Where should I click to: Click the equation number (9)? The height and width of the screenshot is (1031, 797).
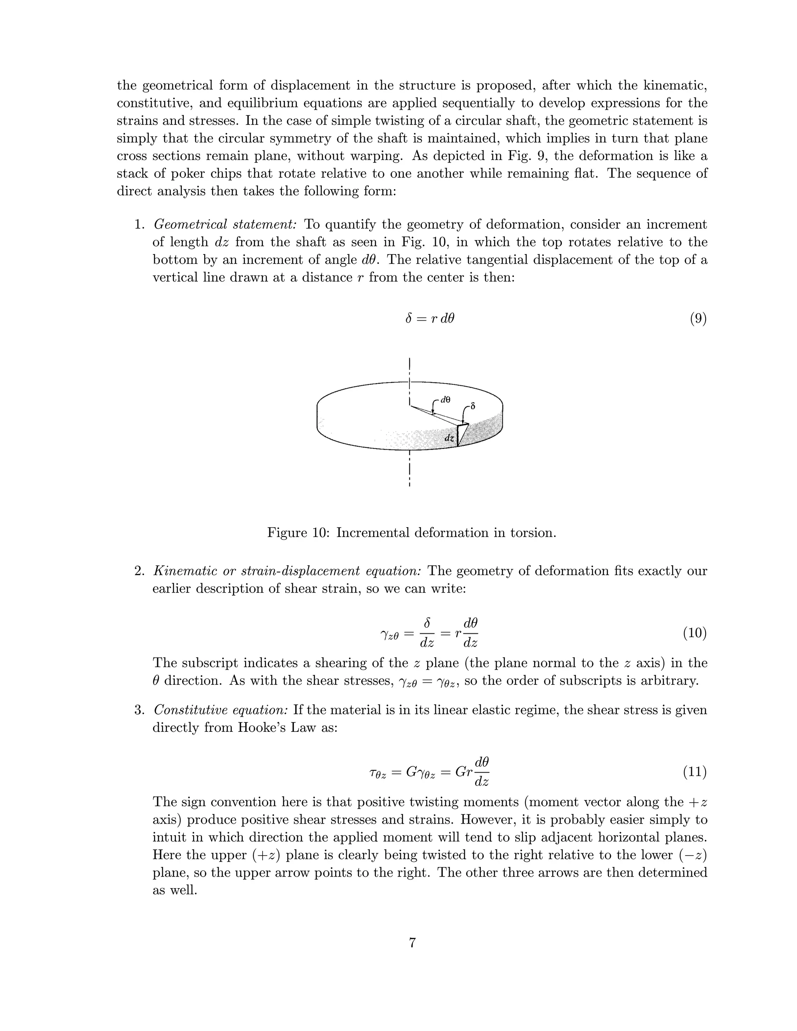pyautogui.click(x=698, y=319)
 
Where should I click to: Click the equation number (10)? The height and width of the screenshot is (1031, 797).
pyautogui.click(x=695, y=633)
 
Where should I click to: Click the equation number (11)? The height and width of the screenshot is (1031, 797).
pyautogui.click(x=695, y=772)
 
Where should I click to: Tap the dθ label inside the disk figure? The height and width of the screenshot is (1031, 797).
pyautogui.click(x=445, y=400)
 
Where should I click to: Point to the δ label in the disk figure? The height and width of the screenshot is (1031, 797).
pyautogui.click(x=472, y=406)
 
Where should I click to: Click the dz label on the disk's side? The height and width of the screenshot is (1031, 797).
pyautogui.click(x=449, y=438)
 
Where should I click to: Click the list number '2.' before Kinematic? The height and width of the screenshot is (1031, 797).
pyautogui.click(x=139, y=571)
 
